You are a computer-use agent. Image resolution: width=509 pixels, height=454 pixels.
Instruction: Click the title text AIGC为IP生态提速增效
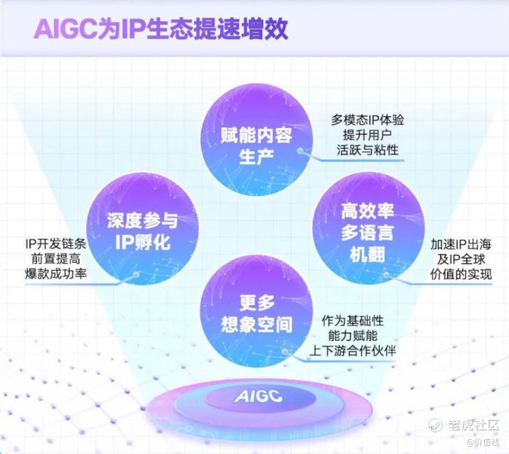point(161,29)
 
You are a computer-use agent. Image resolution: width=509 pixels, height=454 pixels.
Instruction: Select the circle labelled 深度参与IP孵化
point(142,229)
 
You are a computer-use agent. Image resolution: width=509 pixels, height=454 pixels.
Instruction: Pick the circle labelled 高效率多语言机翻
point(368,229)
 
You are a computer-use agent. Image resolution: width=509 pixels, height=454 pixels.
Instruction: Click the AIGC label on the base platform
point(258,396)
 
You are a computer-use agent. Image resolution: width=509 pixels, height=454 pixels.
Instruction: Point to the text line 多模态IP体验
point(368,120)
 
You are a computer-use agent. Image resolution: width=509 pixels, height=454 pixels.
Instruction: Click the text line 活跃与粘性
point(368,150)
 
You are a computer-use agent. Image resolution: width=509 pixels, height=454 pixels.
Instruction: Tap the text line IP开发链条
point(55,244)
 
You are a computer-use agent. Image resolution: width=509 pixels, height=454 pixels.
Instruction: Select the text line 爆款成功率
point(55,274)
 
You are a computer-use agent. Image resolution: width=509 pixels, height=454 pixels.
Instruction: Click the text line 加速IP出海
point(461,244)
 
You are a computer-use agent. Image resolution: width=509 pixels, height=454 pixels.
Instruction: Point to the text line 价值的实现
point(461,274)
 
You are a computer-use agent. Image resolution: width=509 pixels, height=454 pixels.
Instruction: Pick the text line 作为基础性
point(353,320)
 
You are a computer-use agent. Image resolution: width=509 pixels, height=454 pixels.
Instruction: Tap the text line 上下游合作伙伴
point(353,350)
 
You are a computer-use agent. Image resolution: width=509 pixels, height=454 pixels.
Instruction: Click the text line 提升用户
point(368,135)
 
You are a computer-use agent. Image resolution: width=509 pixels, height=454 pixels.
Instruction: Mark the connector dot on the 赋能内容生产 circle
point(301,151)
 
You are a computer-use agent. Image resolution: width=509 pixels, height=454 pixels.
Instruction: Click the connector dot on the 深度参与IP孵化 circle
point(136,275)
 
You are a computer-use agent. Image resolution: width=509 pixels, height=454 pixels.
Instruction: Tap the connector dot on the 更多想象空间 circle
point(285,352)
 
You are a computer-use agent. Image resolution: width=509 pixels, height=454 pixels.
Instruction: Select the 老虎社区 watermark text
point(473,425)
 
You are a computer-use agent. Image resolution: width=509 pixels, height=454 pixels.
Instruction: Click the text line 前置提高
point(55,259)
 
